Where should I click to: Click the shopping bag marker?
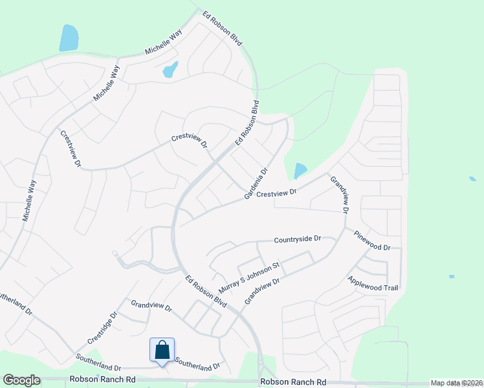point(162,350)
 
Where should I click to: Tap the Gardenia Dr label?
point(256,184)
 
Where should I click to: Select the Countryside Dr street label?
point(298,239)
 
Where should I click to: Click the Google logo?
point(21,381)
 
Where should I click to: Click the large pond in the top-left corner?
point(69,38)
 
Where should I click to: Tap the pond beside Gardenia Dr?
point(300,171)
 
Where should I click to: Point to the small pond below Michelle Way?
point(170,69)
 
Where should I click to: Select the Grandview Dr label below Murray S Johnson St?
point(262,292)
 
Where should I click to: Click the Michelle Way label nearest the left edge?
point(29,201)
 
